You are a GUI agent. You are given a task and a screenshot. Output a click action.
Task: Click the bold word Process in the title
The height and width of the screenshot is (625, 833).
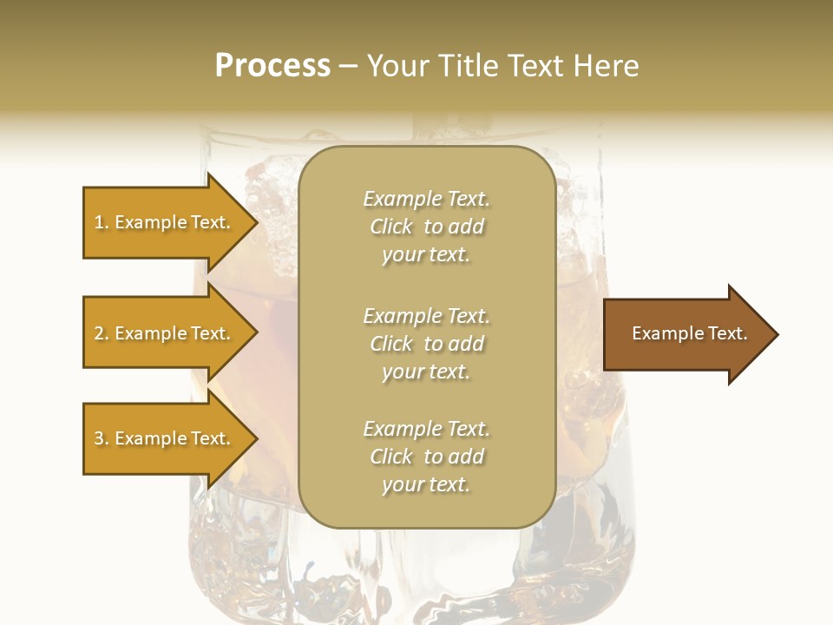(x=272, y=66)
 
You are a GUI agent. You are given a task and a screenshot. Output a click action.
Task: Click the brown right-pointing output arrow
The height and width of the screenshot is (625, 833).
(x=685, y=334)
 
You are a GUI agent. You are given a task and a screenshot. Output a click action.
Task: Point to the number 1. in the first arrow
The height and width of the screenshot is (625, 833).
(x=102, y=222)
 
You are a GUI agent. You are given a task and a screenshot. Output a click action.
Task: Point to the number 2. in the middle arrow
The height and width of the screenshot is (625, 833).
(x=102, y=333)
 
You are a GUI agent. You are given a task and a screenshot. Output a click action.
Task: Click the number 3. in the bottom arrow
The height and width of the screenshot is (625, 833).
(x=102, y=438)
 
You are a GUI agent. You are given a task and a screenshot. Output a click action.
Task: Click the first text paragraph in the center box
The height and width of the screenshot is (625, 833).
(x=426, y=227)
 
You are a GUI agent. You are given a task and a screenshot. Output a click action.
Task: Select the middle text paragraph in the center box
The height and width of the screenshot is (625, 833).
(x=426, y=344)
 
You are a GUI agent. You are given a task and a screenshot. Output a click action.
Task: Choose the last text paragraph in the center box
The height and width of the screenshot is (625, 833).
(x=426, y=457)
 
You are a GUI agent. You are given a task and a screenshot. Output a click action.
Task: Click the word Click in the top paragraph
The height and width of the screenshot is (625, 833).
(x=391, y=227)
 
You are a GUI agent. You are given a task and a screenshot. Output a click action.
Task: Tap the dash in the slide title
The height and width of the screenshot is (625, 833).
(x=348, y=66)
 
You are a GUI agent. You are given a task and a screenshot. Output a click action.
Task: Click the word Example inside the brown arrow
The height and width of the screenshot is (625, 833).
(x=665, y=333)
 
